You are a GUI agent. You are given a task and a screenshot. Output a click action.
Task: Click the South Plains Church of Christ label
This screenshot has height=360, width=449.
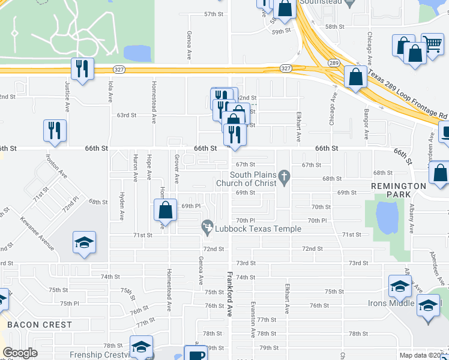click(253, 179)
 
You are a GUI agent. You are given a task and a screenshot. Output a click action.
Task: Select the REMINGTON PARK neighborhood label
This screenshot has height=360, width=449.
click(398, 190)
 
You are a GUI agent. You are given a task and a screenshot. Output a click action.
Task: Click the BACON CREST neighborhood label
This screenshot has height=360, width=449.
click(40, 325)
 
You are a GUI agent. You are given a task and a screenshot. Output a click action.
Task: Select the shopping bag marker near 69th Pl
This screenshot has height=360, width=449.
click(165, 210)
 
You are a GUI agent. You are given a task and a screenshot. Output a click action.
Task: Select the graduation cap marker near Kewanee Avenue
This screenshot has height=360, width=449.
click(84, 242)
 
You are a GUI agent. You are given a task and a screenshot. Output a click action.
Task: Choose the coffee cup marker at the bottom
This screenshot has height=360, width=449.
click(196, 355)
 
